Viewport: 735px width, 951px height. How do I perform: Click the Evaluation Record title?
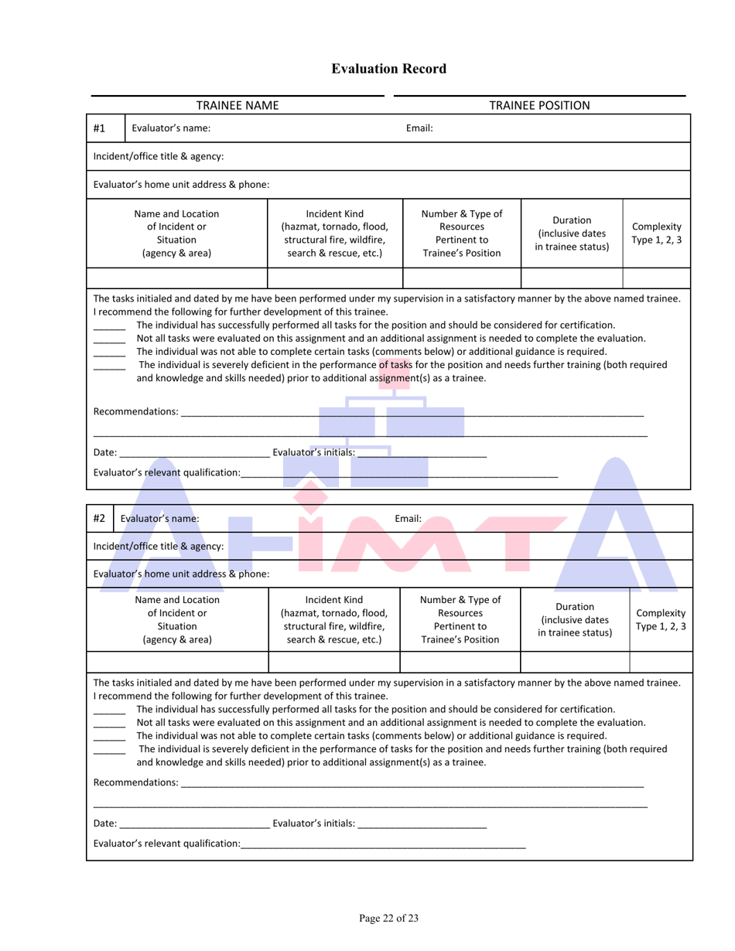point(388,69)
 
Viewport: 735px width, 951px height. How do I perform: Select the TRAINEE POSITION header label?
point(539,105)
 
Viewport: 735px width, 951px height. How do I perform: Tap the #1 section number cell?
point(100,128)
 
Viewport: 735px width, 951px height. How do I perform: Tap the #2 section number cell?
point(100,519)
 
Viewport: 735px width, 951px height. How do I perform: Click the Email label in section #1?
point(419,128)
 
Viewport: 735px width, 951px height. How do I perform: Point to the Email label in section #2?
point(408,519)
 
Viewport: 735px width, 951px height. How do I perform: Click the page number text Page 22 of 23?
point(388,918)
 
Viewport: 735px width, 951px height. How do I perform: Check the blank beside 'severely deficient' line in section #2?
point(109,749)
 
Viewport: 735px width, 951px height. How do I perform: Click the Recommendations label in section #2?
point(135,783)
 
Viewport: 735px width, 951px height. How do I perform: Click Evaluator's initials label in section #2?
point(313,825)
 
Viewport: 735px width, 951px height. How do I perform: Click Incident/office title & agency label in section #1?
point(159,156)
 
